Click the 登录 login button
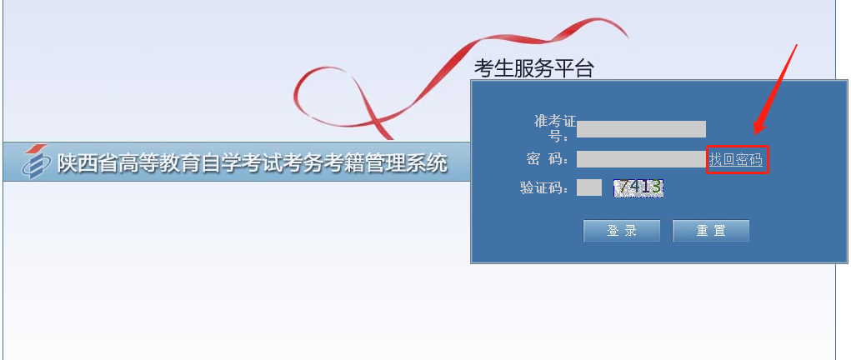point(622,231)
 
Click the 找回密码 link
point(735,160)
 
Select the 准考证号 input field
point(641,129)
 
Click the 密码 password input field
point(641,159)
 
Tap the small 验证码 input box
point(588,187)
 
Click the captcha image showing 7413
point(638,187)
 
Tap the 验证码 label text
point(544,188)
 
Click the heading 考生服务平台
point(534,69)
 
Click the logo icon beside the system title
point(35,162)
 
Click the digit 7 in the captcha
point(624,187)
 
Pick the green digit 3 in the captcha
point(656,187)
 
